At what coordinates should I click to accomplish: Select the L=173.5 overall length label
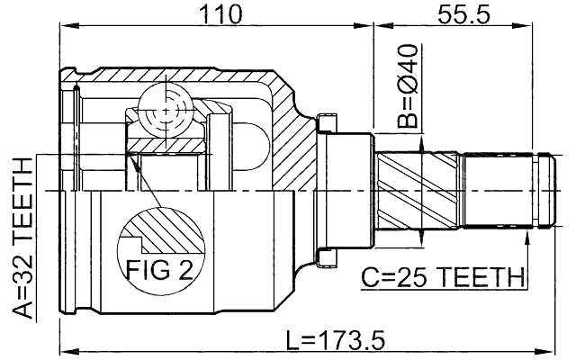335,340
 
